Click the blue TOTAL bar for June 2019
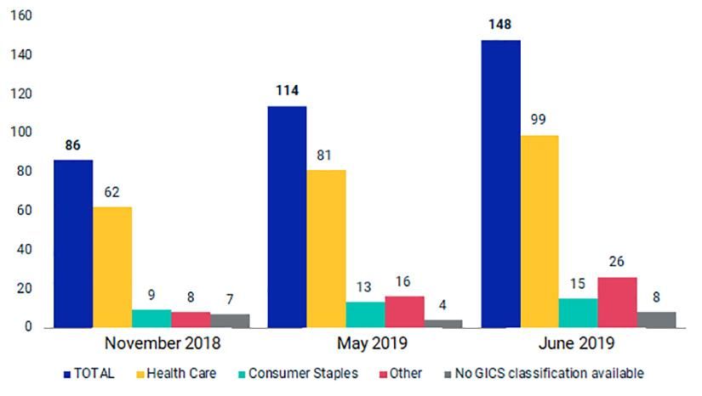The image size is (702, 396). coord(500,184)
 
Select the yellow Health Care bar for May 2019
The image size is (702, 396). coord(326,249)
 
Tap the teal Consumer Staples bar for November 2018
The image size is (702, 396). coord(151,319)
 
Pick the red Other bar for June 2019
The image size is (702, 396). coord(618,303)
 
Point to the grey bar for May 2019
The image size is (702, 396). coord(443,324)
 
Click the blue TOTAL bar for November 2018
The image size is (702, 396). coord(73,244)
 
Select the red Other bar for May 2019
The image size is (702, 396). coord(404,312)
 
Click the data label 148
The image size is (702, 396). coord(500,25)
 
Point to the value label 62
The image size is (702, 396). coord(112,192)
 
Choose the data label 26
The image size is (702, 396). coord(618,263)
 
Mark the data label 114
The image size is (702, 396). coord(287,91)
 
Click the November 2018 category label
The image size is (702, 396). coord(163,344)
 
